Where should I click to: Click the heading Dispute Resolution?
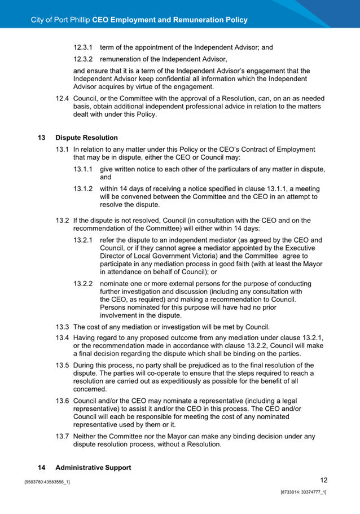[86, 138]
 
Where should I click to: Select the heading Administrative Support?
[93, 468]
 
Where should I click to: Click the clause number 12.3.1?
[84, 48]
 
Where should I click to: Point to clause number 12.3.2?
[84, 59]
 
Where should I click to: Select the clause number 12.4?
[63, 99]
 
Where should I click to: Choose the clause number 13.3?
[63, 327]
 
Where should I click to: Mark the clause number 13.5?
[63, 365]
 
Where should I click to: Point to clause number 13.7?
[63, 436]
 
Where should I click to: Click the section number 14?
[42, 468]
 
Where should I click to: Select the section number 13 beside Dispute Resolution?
[42, 138]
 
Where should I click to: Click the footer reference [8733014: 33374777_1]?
[304, 493]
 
